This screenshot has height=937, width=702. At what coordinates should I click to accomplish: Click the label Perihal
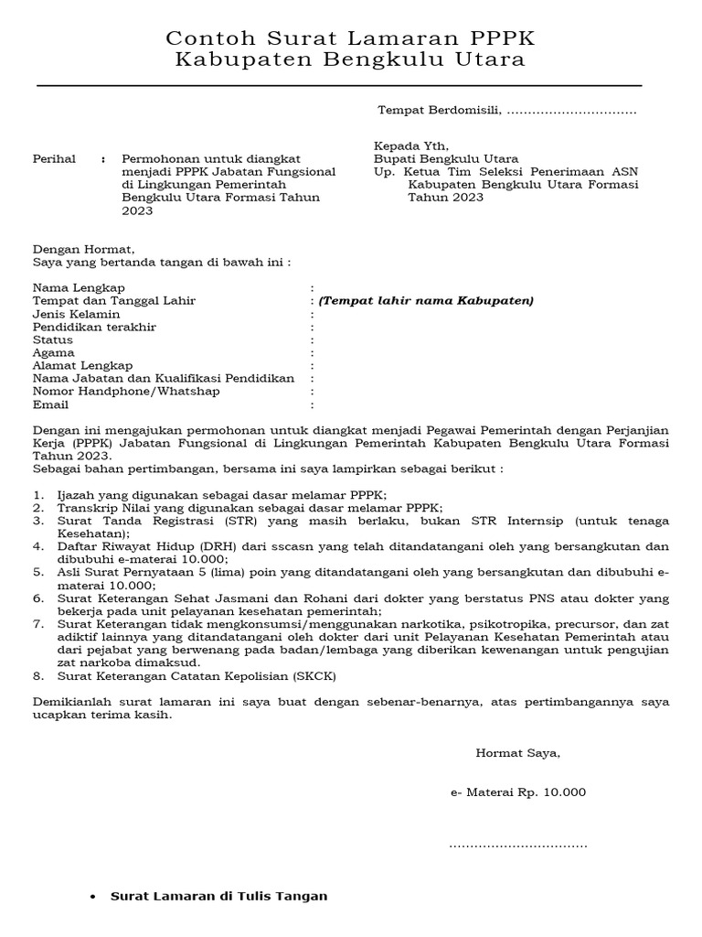tap(54, 158)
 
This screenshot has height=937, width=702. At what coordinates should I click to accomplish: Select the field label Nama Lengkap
tap(79, 287)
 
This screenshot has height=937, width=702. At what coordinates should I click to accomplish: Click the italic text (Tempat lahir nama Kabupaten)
tap(426, 301)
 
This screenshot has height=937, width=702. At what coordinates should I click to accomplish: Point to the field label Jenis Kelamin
tap(76, 314)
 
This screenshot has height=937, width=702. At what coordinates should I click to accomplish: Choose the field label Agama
tap(54, 352)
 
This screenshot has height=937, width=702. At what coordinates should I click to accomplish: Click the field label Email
tap(51, 404)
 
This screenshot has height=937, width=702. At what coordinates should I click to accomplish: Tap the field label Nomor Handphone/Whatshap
tap(126, 391)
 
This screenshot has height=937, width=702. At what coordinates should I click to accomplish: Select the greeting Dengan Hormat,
tap(83, 249)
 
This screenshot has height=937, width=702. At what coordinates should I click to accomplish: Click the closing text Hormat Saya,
tap(517, 753)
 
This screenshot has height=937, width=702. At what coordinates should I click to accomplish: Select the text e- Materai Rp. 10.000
tap(518, 792)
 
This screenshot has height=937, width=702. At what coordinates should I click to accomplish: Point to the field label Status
tap(53, 339)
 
